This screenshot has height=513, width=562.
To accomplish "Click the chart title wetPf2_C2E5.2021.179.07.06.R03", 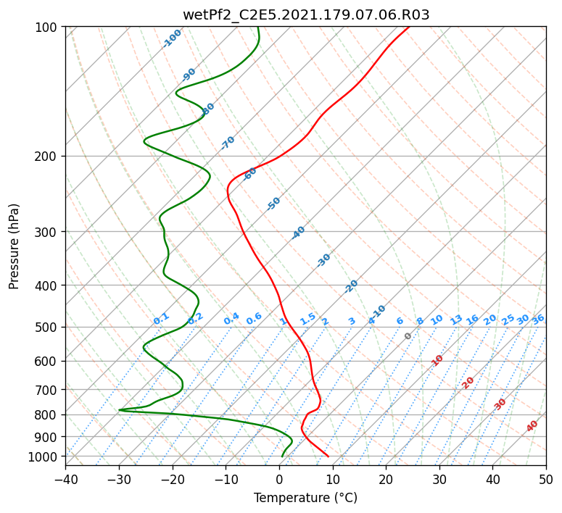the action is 306,15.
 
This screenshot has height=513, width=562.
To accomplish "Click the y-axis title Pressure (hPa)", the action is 14,246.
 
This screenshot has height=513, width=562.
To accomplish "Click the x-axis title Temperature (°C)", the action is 306,498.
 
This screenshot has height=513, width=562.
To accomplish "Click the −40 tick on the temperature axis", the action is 65,480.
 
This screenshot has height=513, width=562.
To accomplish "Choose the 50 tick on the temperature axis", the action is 546,480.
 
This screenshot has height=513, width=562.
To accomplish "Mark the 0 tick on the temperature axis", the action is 279,480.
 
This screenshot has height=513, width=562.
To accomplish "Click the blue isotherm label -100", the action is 172,38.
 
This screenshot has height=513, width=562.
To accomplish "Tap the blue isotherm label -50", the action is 273,204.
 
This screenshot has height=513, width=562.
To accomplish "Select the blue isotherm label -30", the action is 323,260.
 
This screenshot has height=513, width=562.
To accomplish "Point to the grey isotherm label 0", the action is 408,336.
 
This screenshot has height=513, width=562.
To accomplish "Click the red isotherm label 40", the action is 532,426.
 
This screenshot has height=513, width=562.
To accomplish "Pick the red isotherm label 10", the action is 437,360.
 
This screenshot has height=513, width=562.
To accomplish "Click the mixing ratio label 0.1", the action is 161,319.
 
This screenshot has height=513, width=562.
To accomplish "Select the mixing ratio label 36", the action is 538,320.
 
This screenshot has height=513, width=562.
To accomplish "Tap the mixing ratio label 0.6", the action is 254,319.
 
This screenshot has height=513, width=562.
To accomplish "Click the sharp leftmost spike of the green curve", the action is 119,410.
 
